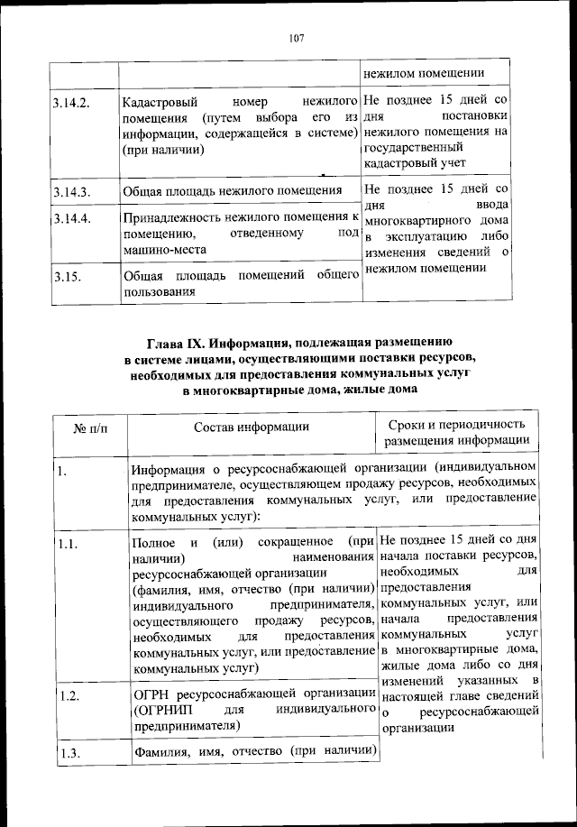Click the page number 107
click(x=298, y=38)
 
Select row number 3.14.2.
click(x=71, y=103)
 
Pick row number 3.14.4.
click(x=71, y=219)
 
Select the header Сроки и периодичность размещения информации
click(x=457, y=433)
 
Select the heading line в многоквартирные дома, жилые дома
click(x=298, y=390)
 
